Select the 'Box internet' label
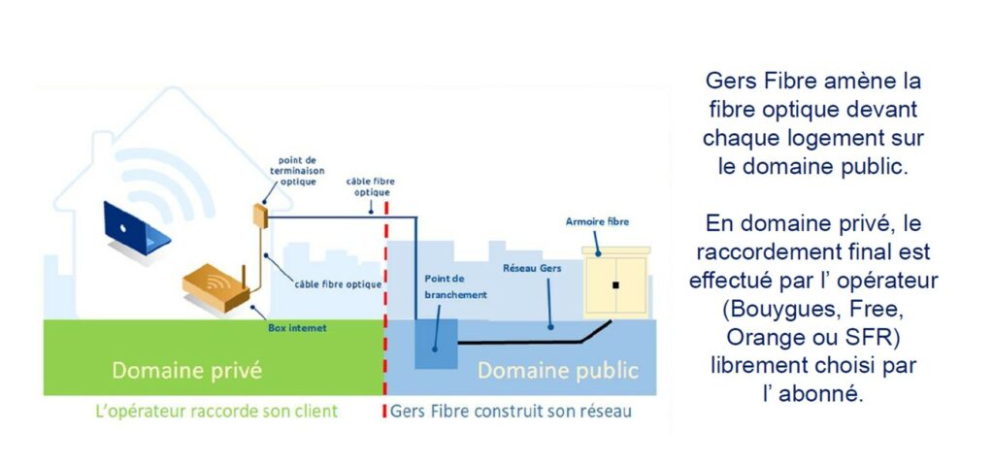coord(297,328)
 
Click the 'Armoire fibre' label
coord(597,222)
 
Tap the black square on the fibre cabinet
coord(615,284)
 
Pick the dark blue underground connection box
coord(435,341)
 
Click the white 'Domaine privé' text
coord(186,371)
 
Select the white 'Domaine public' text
coord(557,371)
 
